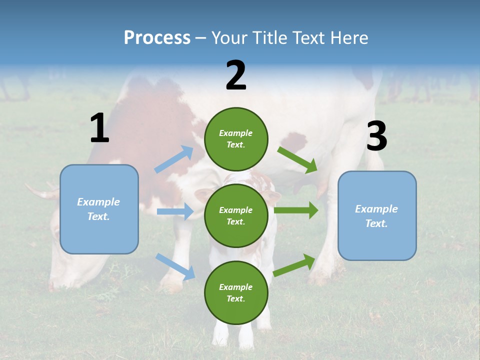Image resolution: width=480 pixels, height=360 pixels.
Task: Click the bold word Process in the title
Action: pos(157,38)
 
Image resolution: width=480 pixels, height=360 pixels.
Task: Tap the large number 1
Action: pos(99,128)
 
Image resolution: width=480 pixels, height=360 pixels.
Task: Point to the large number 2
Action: pos(236,75)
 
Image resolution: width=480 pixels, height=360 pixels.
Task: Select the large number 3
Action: pos(376,136)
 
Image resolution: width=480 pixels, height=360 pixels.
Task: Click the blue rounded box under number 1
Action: pos(99,209)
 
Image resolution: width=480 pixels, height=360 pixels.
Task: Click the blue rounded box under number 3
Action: pos(377,216)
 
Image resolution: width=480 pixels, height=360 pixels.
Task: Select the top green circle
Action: pos(236,139)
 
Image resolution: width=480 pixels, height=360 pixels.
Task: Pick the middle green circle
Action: pos(236,215)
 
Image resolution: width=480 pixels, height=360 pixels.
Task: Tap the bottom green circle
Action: pos(236,292)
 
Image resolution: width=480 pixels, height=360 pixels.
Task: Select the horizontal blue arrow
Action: pos(175,211)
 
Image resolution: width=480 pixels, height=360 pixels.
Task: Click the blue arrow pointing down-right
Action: pos(175,266)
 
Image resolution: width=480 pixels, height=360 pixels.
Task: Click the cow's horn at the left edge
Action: pos(40,192)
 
